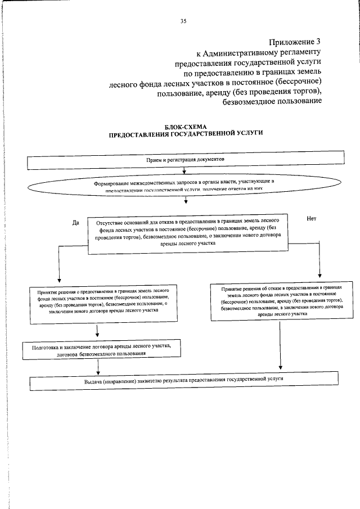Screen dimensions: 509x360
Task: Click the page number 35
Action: click(x=183, y=21)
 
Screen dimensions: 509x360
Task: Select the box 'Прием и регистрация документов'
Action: click(x=186, y=161)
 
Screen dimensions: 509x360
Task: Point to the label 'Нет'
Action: click(x=312, y=218)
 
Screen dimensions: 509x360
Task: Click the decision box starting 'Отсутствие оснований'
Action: click(x=188, y=233)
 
